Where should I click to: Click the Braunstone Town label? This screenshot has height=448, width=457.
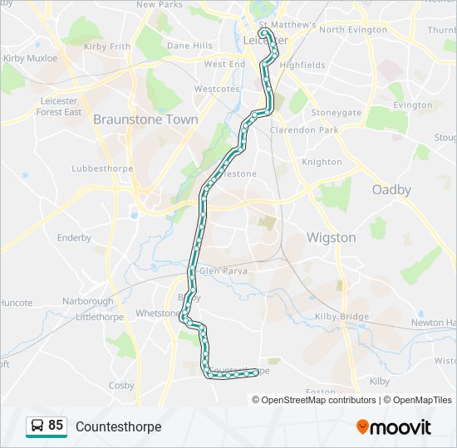(x=145, y=119)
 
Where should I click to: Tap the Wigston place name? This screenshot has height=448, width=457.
(x=331, y=238)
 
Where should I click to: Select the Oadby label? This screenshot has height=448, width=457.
(x=391, y=190)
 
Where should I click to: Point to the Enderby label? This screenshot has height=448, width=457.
(x=74, y=238)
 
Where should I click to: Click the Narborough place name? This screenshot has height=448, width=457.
(x=87, y=301)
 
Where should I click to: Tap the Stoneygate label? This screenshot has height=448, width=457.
(x=336, y=113)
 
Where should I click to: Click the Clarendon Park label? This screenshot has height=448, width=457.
(x=303, y=130)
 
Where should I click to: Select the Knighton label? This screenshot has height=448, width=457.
(x=322, y=163)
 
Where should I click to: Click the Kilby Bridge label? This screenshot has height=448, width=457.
(x=342, y=318)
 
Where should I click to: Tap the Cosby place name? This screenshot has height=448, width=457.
(x=121, y=386)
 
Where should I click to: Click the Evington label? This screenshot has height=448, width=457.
(x=412, y=105)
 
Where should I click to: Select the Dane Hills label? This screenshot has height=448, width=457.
(x=189, y=46)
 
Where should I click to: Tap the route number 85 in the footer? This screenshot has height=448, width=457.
(x=56, y=426)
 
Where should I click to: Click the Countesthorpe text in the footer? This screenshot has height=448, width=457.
(x=118, y=427)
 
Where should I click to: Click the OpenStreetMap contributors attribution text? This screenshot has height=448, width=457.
(x=318, y=400)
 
